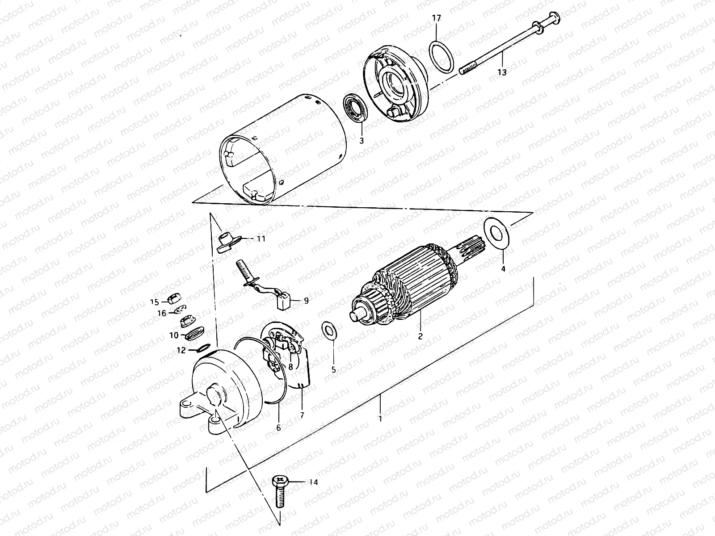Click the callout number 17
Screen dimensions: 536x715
(x=436, y=18)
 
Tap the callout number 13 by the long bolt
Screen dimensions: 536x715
(x=502, y=72)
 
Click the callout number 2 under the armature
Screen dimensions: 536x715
(x=420, y=336)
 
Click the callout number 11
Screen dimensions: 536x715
(x=261, y=239)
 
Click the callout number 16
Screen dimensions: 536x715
(x=161, y=314)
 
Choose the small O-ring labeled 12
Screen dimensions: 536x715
(x=203, y=348)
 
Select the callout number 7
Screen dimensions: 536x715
(x=302, y=415)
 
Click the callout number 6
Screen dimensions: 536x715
(x=278, y=427)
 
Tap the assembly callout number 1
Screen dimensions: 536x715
(x=380, y=419)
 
